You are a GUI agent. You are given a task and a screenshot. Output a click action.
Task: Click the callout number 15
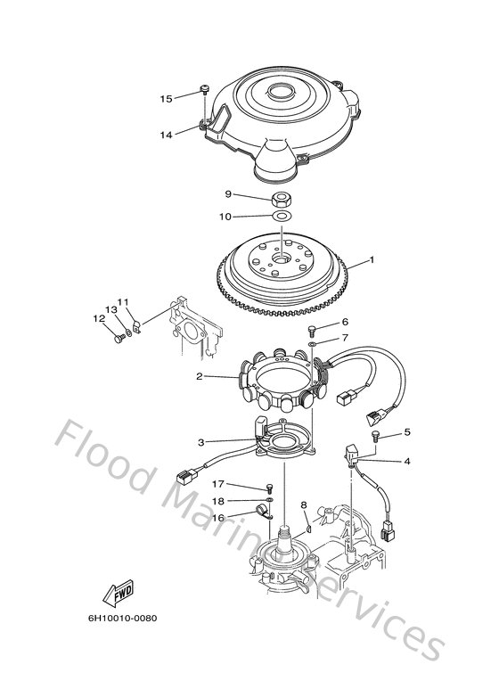click(166, 99)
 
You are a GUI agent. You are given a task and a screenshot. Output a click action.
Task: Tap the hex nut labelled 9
click(280, 200)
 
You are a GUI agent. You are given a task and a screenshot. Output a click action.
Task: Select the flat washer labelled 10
click(282, 216)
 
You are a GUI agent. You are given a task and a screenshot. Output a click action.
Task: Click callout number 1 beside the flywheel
click(372, 259)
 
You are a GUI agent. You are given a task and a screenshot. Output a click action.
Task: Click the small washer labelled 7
click(312, 344)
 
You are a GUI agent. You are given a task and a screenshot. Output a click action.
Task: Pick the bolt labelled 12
click(119, 339)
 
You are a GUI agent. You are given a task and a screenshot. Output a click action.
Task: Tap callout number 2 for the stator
click(200, 376)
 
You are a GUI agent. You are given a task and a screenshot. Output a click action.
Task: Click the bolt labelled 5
click(374, 436)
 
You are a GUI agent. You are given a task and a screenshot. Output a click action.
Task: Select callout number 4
click(407, 461)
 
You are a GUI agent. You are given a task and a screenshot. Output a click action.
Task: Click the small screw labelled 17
click(270, 489)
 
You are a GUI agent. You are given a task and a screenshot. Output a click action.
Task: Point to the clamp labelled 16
click(263, 513)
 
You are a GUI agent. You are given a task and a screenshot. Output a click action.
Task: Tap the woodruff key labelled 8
click(307, 529)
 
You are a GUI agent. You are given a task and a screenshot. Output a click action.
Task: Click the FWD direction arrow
click(118, 594)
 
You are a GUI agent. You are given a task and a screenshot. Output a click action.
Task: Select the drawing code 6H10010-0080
click(123, 619)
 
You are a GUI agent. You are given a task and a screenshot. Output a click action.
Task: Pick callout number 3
click(200, 442)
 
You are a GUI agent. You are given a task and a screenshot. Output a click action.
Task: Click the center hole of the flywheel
click(281, 258)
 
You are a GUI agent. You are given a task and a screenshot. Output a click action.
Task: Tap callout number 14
click(166, 135)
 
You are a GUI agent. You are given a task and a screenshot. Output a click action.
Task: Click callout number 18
click(218, 501)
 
